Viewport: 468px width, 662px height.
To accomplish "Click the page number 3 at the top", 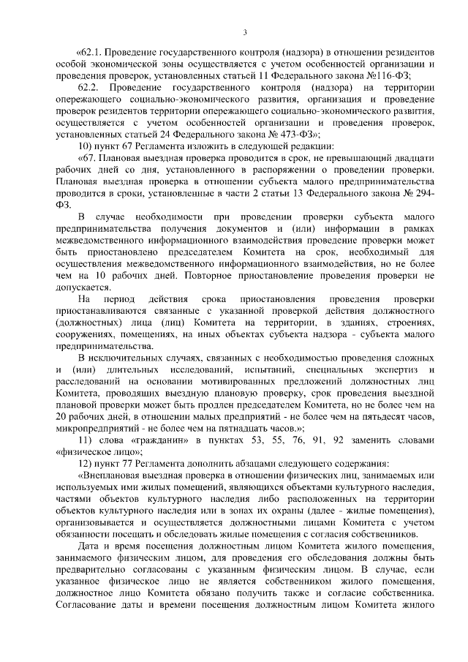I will (x=245, y=32).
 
